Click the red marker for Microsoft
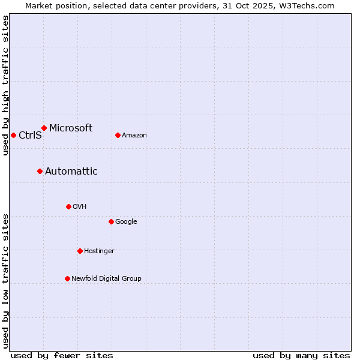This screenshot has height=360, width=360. pyautogui.click(x=44, y=128)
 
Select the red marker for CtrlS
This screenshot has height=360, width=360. pyautogui.click(x=13, y=135)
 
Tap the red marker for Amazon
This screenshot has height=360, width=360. pyautogui.click(x=118, y=135)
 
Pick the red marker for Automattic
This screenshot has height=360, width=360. pyautogui.click(x=40, y=171)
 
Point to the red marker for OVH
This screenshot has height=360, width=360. pyautogui.click(x=68, y=206)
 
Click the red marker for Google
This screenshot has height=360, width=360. pyautogui.click(x=111, y=221)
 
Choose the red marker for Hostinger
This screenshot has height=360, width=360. pyautogui.click(x=80, y=251)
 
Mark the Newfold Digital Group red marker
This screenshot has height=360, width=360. pyautogui.click(x=67, y=278)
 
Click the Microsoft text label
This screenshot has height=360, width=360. pyautogui.click(x=71, y=128)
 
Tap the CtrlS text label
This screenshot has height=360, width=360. pyautogui.click(x=30, y=135)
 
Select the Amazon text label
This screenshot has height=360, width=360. pyautogui.click(x=134, y=135)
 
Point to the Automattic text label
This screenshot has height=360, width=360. pyautogui.click(x=71, y=171)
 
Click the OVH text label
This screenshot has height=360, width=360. pyautogui.click(x=80, y=206)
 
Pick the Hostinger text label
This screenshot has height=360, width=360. pyautogui.click(x=99, y=251)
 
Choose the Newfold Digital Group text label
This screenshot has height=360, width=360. pyautogui.click(x=106, y=278)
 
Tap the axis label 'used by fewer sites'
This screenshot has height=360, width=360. pyautogui.click(x=62, y=355)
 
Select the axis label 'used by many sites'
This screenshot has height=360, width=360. pyautogui.click(x=301, y=355)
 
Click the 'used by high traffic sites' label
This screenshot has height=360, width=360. pyautogui.click(x=5, y=85)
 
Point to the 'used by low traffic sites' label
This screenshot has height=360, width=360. pyautogui.click(x=5, y=280)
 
